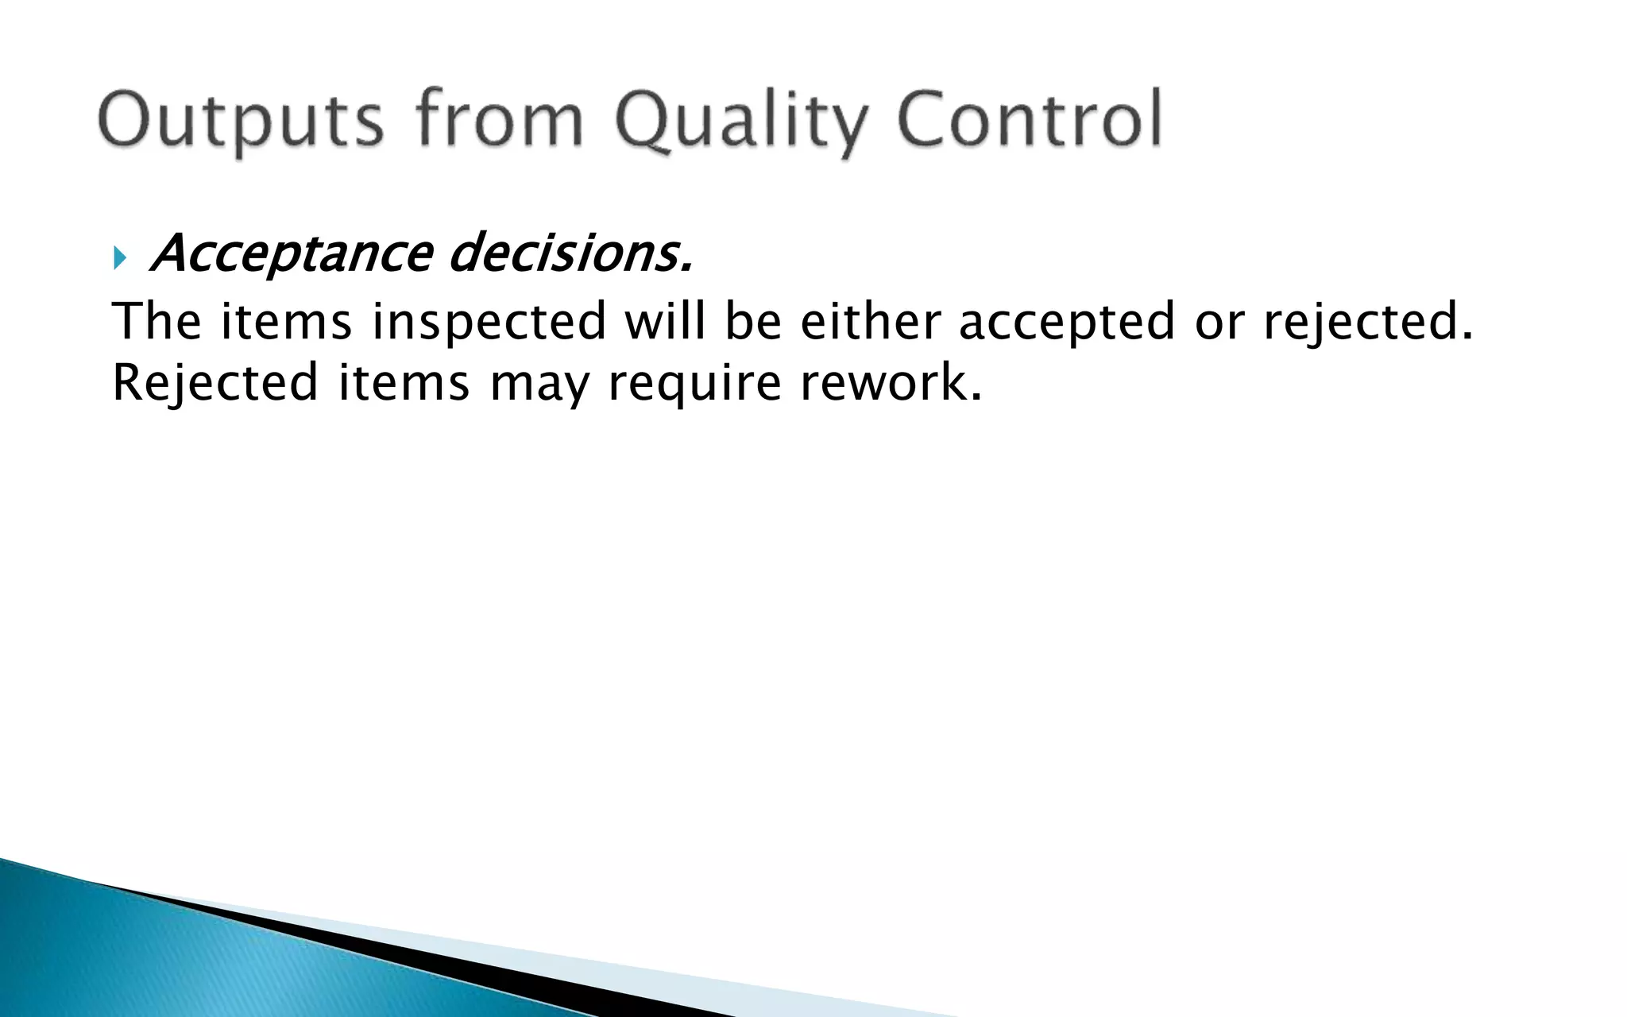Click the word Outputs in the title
click(241, 121)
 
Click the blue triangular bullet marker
click(119, 257)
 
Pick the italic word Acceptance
click(291, 254)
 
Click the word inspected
click(489, 323)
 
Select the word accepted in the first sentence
click(1066, 323)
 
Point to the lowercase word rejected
click(1368, 323)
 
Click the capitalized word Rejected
click(215, 383)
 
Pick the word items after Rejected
click(404, 383)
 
